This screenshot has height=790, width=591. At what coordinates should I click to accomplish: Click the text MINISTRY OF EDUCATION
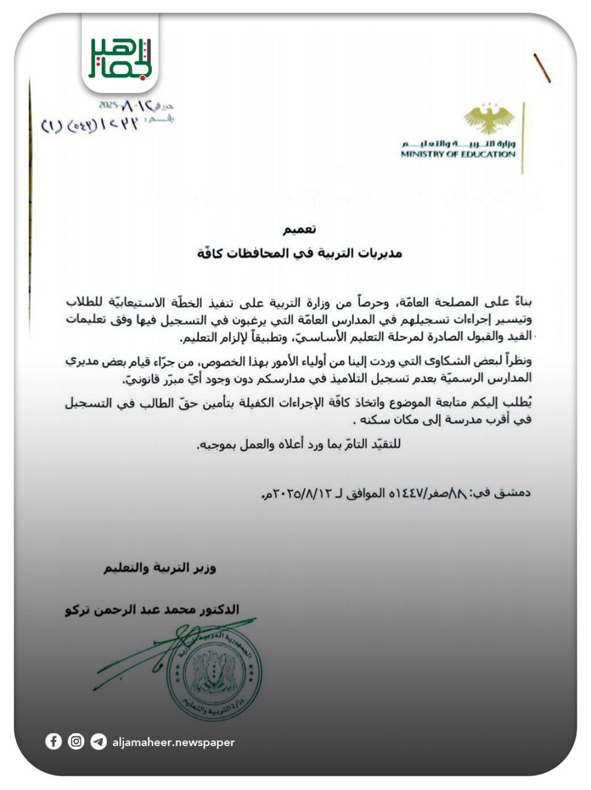tap(458, 154)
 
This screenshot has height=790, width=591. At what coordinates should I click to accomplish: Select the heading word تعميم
tap(299, 230)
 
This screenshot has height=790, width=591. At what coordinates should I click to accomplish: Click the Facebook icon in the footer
tap(54, 741)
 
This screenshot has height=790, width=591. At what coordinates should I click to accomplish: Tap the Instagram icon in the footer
tap(76, 741)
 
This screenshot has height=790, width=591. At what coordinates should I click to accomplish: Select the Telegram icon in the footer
tap(98, 741)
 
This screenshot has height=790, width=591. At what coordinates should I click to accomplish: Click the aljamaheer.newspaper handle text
tap(173, 742)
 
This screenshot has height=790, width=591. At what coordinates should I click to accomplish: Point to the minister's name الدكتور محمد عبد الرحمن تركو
tap(152, 610)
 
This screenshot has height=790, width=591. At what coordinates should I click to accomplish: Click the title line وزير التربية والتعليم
tap(160, 568)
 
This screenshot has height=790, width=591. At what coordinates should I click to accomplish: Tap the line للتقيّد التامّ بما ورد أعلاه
tap(299, 444)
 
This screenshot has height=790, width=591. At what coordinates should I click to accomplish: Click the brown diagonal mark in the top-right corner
tap(542, 68)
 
